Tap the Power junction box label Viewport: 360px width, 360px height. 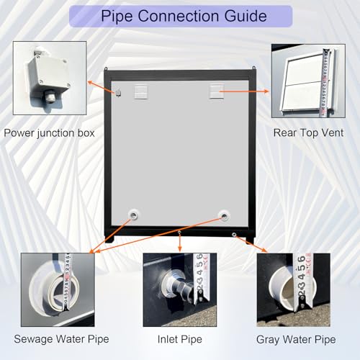point(49,132)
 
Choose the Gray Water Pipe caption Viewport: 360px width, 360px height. point(295,338)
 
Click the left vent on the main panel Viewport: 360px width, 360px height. point(140,89)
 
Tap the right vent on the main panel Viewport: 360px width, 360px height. point(215,91)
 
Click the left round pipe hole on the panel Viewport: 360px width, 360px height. point(134,215)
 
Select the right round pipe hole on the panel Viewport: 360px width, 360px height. point(224,215)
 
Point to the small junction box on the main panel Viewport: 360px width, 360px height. point(118,92)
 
